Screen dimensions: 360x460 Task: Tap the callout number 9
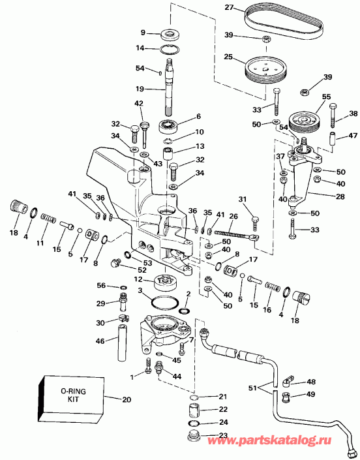point(143,32)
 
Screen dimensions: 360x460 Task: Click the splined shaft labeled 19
point(170,87)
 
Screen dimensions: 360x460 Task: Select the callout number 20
point(127,399)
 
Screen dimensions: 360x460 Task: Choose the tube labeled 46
point(122,343)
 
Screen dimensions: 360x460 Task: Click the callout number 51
point(252,388)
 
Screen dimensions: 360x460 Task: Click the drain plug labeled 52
point(116,262)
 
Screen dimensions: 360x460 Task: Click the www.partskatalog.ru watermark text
point(270,440)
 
